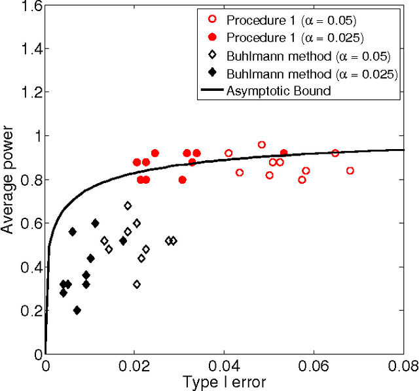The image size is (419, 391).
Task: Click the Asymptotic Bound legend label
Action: (x=278, y=91)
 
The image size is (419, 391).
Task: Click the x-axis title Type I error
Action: (x=225, y=380)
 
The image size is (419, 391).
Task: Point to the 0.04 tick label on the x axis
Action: (x=225, y=365)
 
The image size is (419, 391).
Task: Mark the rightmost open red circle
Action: (x=350, y=171)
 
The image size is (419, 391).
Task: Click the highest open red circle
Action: (x=261, y=144)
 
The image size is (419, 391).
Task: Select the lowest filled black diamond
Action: (x=77, y=311)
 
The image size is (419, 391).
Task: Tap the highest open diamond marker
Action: (x=128, y=205)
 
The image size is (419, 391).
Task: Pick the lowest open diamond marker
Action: (x=136, y=284)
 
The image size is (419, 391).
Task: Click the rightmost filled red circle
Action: (x=283, y=153)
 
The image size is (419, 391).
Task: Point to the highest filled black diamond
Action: (x=95, y=223)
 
